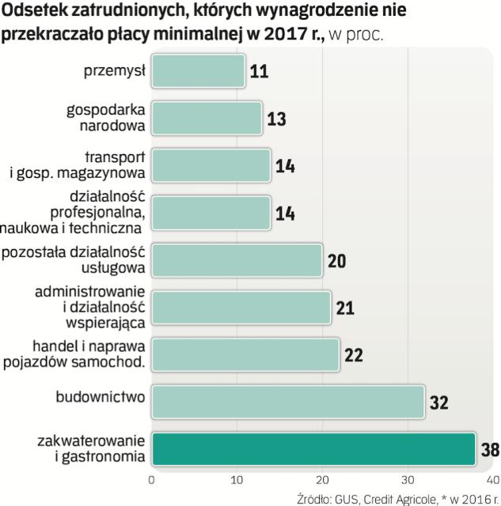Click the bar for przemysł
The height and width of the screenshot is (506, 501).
198,70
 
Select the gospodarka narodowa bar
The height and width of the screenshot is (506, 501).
206,118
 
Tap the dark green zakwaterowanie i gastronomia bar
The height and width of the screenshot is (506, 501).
313,450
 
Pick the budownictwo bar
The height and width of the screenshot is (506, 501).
287,402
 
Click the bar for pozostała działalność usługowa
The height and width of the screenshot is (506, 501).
236,260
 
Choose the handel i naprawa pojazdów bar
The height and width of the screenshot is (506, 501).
245,354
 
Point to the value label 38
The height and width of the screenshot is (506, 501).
490,451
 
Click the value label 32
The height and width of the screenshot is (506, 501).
438,402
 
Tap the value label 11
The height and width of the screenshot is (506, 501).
259,72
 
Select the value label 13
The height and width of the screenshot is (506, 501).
276,119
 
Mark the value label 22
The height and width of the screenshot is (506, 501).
353,355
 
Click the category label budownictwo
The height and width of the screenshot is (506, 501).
100,395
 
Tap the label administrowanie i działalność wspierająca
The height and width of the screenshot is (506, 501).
89,307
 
